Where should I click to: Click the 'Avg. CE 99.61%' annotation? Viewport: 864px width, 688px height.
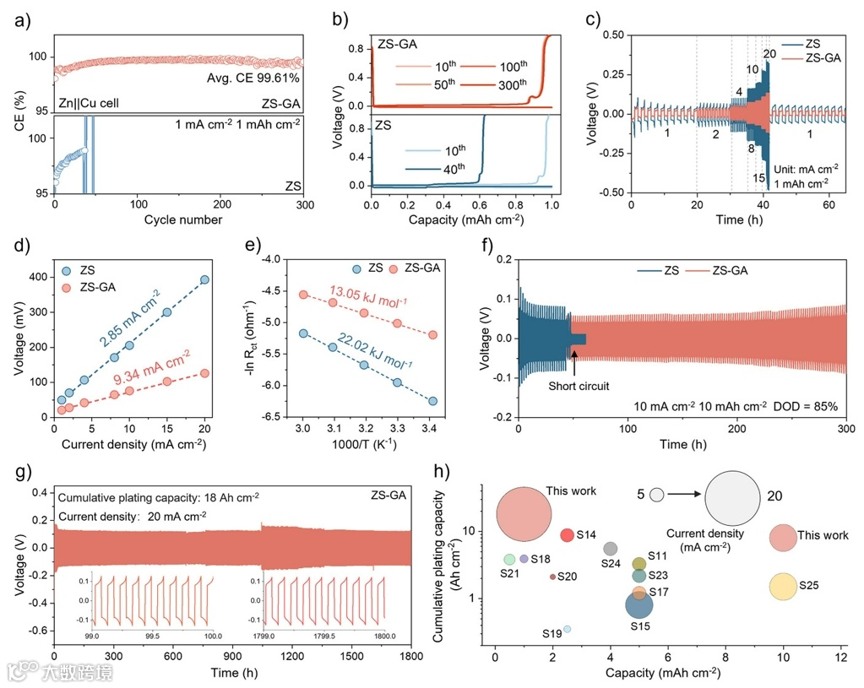[x=254, y=78]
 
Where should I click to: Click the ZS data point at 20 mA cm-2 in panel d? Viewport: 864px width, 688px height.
[x=204, y=279]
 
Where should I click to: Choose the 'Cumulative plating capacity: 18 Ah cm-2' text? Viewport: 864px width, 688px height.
[x=157, y=496]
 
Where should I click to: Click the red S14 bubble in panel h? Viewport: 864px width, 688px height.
[x=568, y=535]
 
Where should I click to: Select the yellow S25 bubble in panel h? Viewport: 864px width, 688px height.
[x=784, y=586]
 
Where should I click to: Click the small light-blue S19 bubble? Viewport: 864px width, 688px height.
[x=567, y=629]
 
